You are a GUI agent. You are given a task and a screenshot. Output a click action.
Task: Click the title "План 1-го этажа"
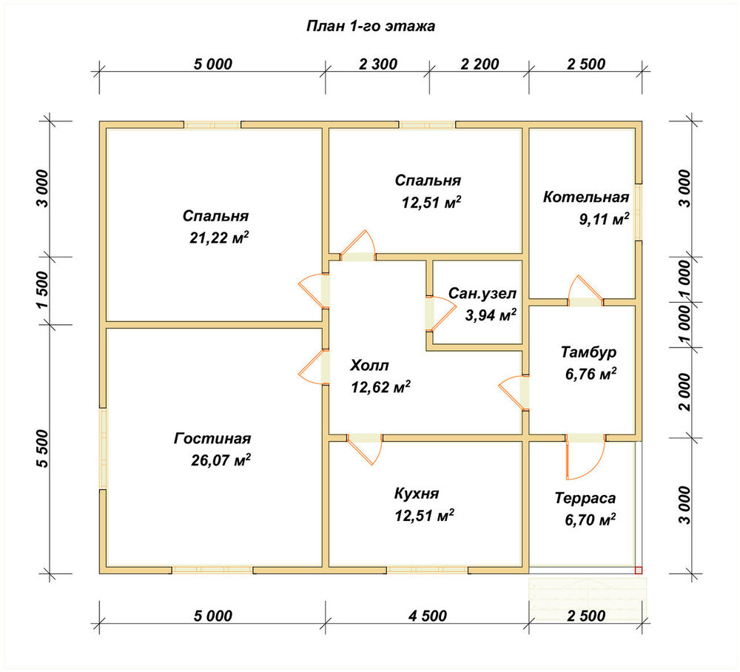coord(371,25)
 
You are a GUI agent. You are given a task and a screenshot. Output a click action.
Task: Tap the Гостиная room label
coord(212,438)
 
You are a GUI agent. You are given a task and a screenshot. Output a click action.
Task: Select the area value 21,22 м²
coord(219,238)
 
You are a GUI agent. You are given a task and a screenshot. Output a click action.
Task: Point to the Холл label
coord(369,366)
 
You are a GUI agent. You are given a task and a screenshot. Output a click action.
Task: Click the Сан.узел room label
coord(482,293)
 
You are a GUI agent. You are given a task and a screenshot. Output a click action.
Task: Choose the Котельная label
coord(586,197)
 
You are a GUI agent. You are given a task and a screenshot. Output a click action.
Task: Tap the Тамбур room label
coord(588,352)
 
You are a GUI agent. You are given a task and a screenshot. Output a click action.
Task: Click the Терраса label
coord(585,498)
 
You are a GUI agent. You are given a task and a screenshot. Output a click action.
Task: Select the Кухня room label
coord(417,494)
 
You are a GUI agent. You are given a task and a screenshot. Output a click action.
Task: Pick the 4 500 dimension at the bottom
coord(428,615)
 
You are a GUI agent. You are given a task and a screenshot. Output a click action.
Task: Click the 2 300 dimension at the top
coord(378,64)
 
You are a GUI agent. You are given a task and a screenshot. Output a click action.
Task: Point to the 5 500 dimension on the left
coord(42,448)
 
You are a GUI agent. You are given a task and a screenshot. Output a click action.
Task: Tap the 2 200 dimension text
coord(480,64)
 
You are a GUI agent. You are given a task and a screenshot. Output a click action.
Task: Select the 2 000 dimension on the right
coord(684,392)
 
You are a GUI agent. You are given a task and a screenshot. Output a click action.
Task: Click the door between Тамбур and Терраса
coord(585,457)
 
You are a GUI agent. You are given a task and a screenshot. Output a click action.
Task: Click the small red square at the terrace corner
coord(639,571)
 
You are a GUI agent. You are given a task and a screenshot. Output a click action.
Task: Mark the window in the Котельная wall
coord(638,212)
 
